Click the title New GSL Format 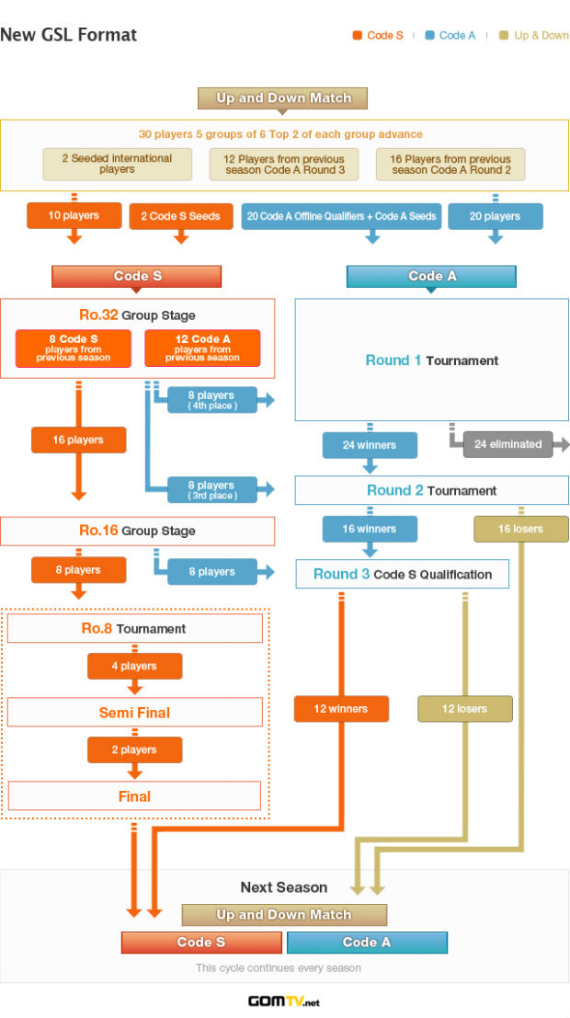click(x=68, y=34)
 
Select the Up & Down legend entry click(x=533, y=35)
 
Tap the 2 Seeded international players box click(x=118, y=165)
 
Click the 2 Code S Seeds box click(x=181, y=216)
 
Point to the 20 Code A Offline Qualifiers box click(x=341, y=216)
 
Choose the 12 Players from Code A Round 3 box click(x=284, y=165)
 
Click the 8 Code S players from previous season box click(x=74, y=348)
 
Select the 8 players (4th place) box click(x=212, y=400)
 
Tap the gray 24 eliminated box click(x=507, y=445)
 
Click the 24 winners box click(x=370, y=445)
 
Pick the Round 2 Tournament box click(x=432, y=490)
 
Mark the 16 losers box click(x=520, y=529)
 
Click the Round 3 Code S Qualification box click(x=403, y=574)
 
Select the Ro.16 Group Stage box click(x=138, y=532)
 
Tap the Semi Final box click(x=135, y=712)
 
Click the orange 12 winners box click(x=341, y=709)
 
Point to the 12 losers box click(x=465, y=709)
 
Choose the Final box click(x=134, y=796)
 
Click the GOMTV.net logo click(x=284, y=1001)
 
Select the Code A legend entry click(x=450, y=35)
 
